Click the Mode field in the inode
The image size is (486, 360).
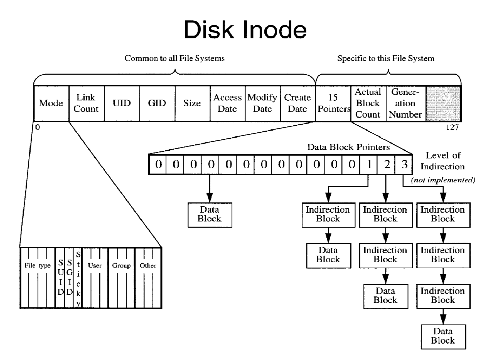51,103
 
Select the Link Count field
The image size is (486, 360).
86,103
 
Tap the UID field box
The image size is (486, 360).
122,103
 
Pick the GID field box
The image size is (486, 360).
157,103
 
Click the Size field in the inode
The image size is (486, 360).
192,103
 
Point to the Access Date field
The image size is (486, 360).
228,103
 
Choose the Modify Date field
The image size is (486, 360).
263,103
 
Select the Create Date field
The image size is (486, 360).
298,103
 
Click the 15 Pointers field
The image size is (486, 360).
333,103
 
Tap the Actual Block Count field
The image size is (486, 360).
368,103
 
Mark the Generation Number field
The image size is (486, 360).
406,103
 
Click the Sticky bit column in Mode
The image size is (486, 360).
78,278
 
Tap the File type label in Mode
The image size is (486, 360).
37,266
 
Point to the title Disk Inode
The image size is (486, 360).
245,29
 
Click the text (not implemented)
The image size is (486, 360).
443,180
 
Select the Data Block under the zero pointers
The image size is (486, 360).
210,214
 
